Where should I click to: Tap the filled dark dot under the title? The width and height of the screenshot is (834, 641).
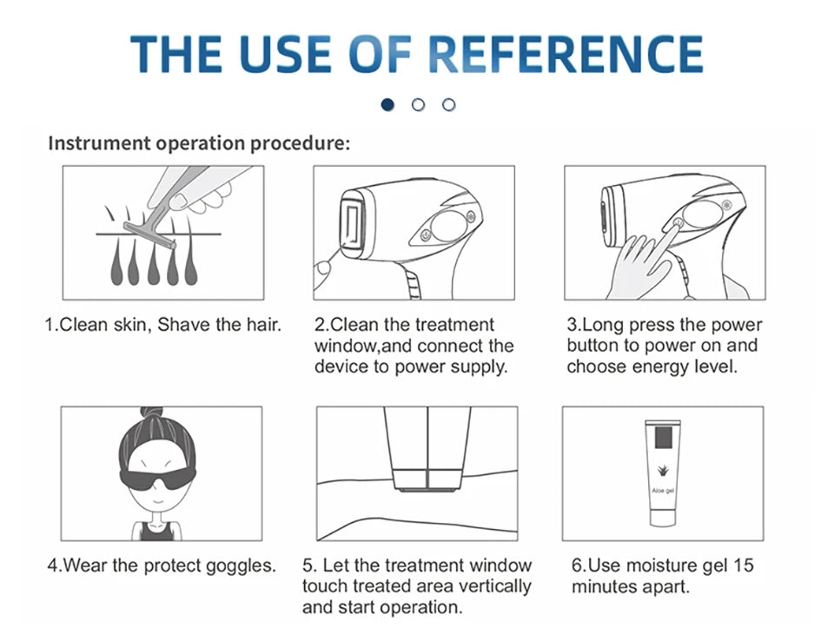(387, 104)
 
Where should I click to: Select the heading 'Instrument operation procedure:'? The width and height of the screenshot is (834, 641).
(199, 143)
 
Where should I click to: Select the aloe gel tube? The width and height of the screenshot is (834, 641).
(663, 472)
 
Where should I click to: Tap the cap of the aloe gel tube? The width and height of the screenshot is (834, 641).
(663, 519)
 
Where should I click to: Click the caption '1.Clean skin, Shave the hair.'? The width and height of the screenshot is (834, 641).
(163, 326)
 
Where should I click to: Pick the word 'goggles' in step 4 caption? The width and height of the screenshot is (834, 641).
(241, 566)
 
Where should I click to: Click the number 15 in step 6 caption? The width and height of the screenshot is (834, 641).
(744, 566)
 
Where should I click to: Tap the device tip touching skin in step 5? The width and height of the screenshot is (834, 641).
(427, 479)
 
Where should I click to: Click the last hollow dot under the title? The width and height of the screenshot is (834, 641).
(448, 104)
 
